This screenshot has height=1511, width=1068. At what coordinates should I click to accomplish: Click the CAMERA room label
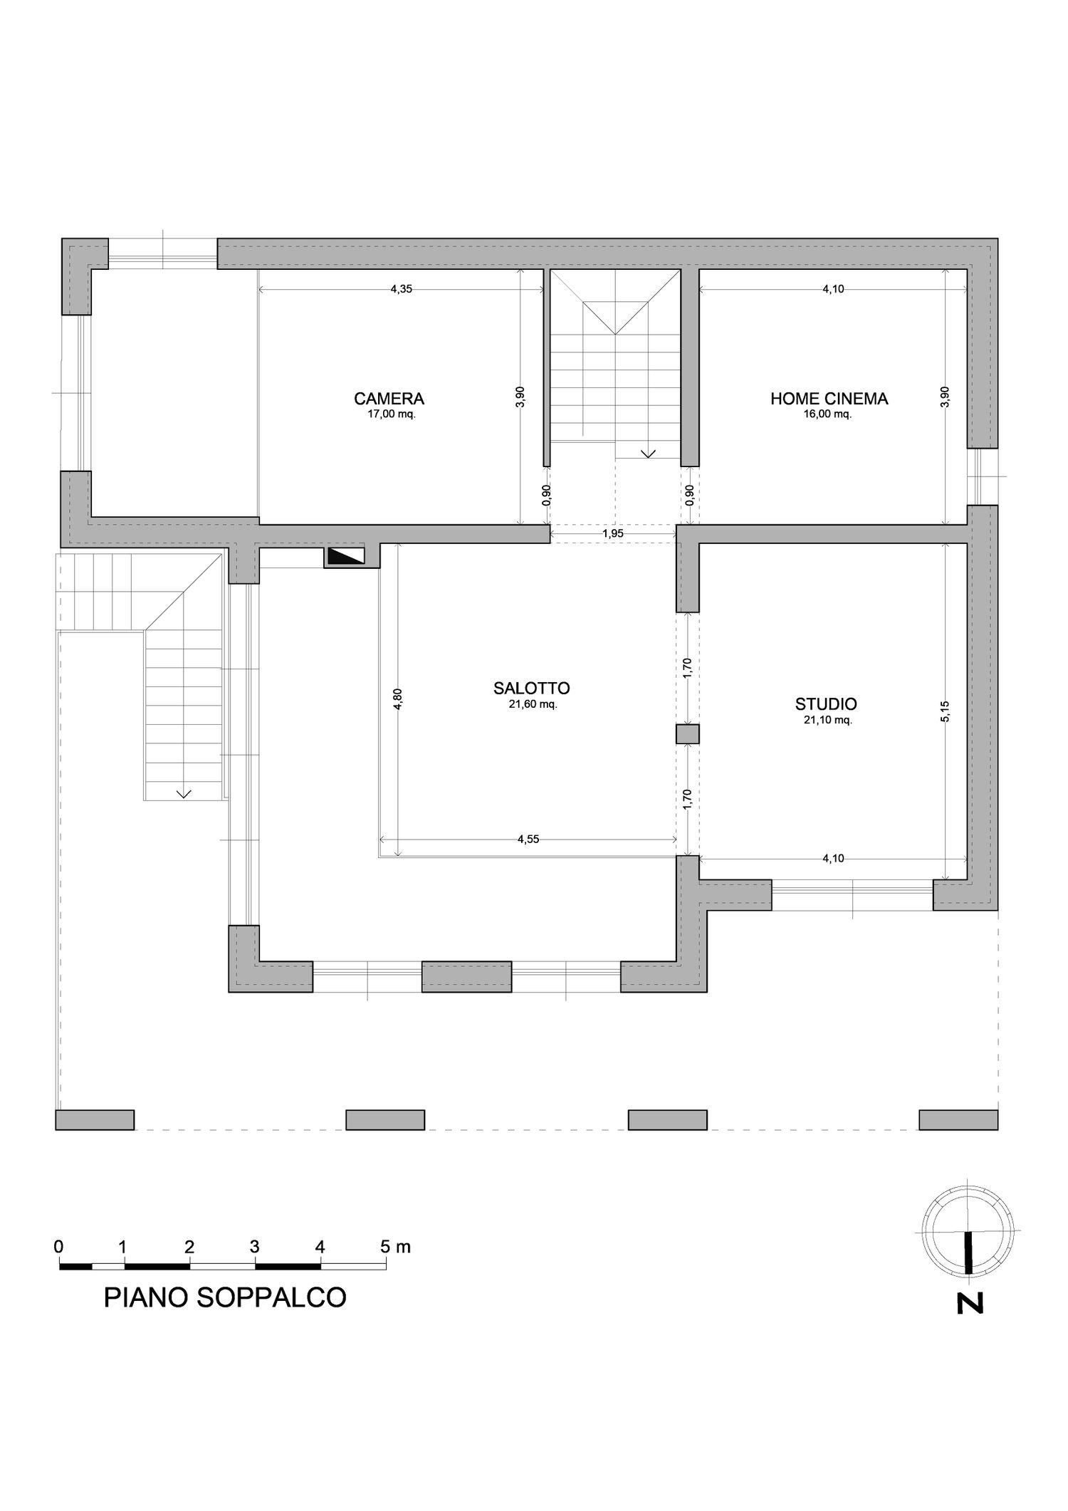coord(389,398)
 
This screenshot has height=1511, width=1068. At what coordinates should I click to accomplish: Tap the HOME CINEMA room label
coord(829,398)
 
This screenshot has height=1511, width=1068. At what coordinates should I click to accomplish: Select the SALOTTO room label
coord(531,688)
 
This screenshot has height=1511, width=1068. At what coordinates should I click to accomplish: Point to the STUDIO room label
coord(826,704)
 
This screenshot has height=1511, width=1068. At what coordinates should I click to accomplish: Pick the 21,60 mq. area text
coord(533,704)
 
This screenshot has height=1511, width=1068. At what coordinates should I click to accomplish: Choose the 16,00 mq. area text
coord(827,414)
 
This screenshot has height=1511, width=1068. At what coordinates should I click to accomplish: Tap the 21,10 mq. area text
coord(827,720)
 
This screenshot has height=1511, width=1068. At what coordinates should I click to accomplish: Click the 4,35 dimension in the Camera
coord(402,288)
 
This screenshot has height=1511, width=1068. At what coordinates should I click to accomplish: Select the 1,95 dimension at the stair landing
coord(613,533)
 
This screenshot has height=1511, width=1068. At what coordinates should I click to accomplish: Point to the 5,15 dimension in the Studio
coord(945,711)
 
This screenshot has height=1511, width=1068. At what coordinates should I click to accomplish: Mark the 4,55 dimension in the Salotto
coord(528,839)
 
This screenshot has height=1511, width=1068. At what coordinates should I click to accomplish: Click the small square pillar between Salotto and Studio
coord(688,734)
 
